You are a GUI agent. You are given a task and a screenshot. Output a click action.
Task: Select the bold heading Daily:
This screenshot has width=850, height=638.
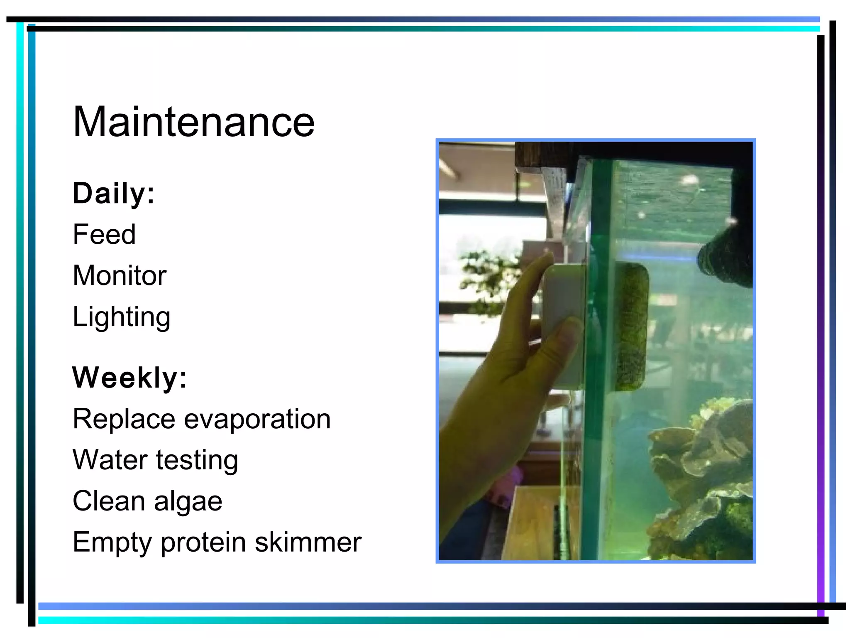point(113,193)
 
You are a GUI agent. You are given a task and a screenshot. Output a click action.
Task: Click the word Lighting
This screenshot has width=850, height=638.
point(121,317)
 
